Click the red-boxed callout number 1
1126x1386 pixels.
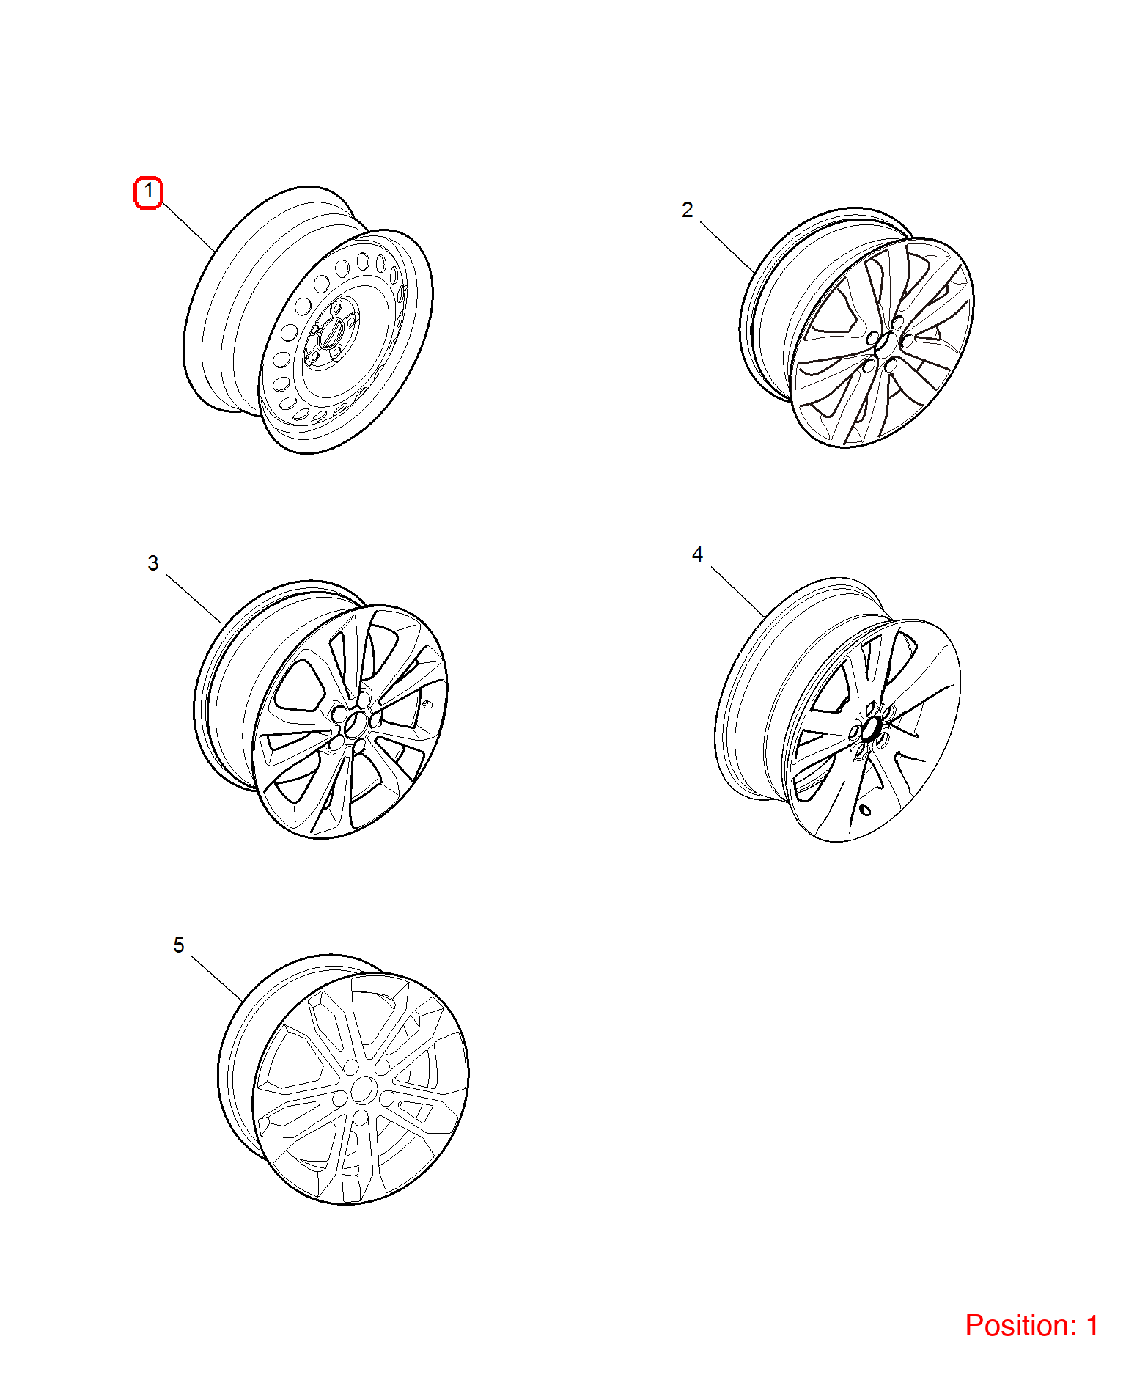[x=148, y=192]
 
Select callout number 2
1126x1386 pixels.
[x=687, y=210]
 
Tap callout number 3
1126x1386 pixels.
[x=152, y=563]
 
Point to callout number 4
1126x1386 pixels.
[x=697, y=554]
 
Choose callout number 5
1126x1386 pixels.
[x=178, y=945]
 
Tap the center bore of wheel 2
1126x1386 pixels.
[x=885, y=344]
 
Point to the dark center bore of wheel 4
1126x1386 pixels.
[x=871, y=729]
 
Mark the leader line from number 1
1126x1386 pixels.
[x=188, y=227]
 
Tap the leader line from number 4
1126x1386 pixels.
[x=737, y=591]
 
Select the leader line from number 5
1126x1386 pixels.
[x=217, y=979]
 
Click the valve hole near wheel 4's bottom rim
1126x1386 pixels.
[x=865, y=810]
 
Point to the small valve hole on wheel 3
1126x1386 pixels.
[x=427, y=705]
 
